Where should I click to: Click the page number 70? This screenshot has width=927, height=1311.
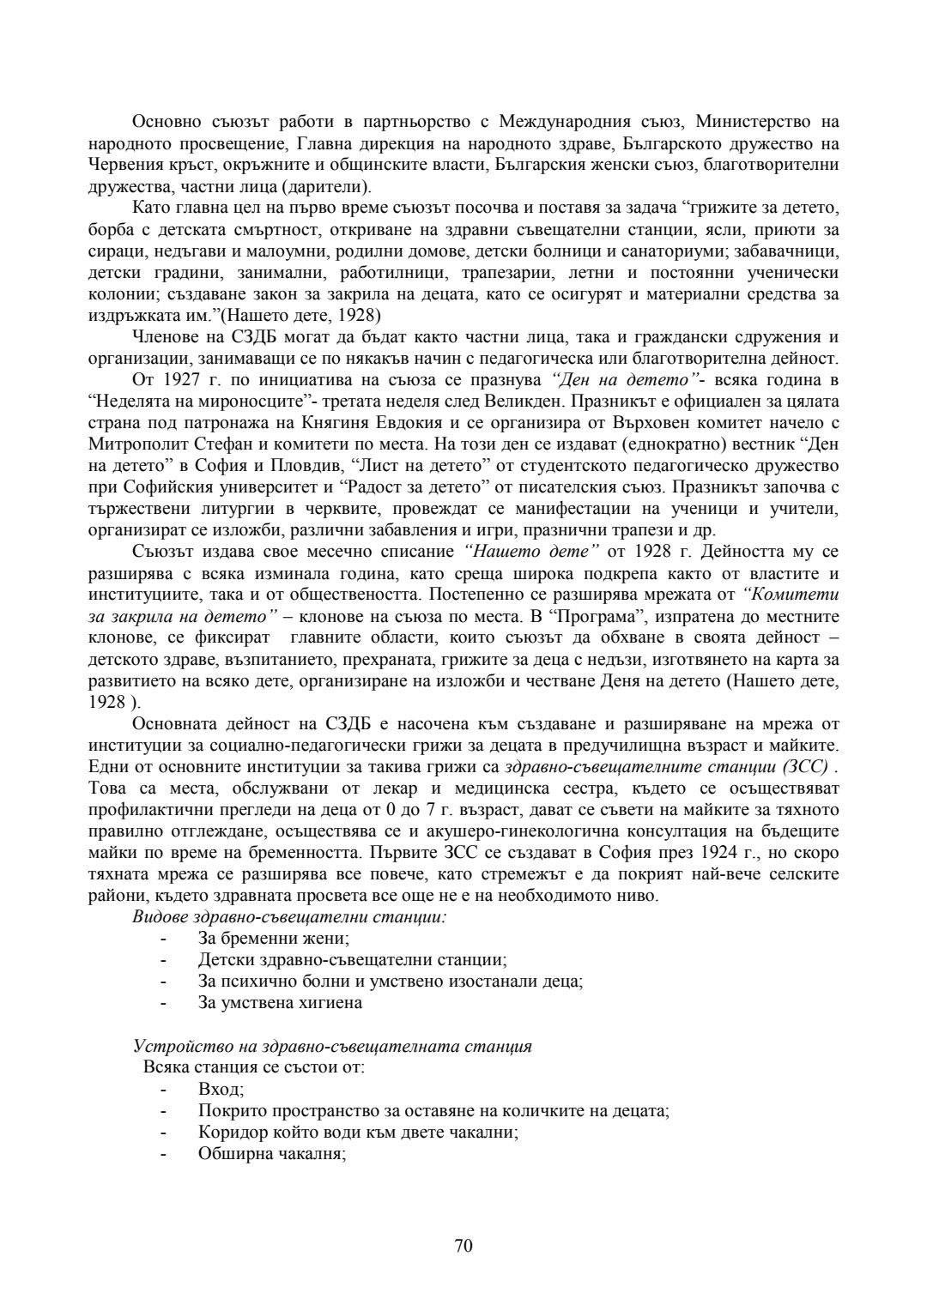pos(463,1246)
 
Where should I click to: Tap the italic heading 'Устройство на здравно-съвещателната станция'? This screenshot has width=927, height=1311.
pos(332,1047)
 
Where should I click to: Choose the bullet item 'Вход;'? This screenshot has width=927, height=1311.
pos(221,1090)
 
